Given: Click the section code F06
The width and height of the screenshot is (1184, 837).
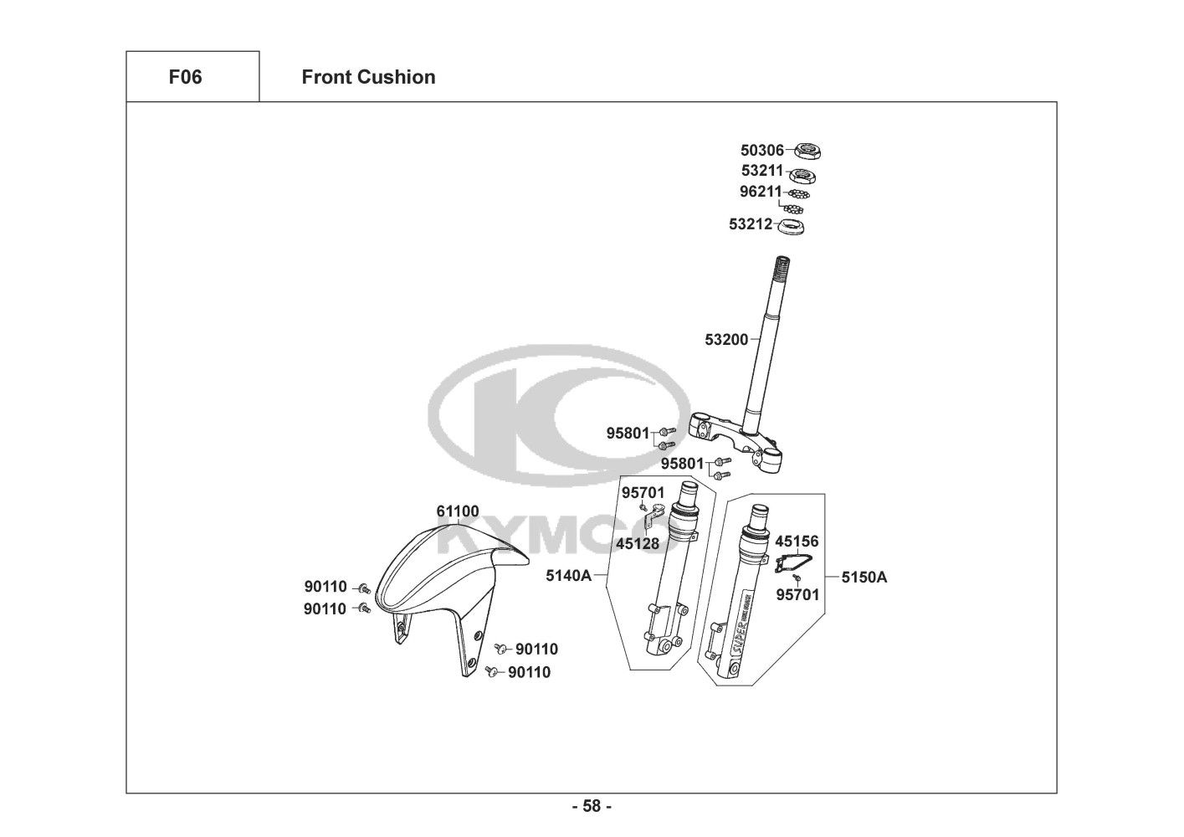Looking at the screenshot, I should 185,77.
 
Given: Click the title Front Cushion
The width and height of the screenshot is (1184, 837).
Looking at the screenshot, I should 368,77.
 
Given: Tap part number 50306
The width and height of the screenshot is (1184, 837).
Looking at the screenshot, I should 761,151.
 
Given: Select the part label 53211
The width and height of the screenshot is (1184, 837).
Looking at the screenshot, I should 761,171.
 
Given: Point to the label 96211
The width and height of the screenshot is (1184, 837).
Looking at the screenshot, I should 760,192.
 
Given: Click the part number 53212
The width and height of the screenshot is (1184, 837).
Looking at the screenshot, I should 750,224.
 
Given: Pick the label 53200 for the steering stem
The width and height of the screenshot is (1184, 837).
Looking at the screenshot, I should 726,340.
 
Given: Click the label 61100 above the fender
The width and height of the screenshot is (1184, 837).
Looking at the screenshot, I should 457,511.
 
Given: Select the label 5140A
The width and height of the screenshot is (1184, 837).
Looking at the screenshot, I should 568,576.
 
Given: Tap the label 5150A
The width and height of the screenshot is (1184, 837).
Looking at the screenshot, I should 864,577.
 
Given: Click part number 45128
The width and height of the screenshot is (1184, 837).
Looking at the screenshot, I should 638,544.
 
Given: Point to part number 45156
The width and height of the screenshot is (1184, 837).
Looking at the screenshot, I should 797,542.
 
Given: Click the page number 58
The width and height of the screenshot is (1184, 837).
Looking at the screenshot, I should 592,807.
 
